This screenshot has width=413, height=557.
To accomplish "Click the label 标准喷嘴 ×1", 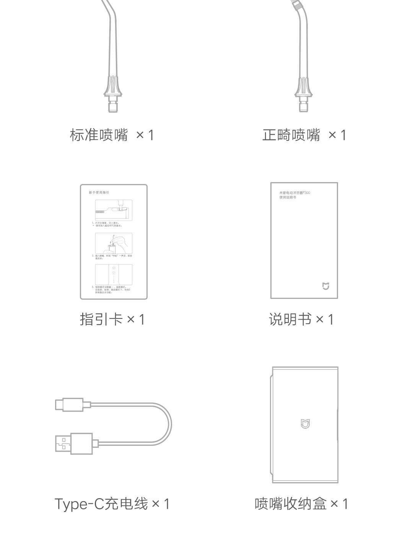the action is (112, 135).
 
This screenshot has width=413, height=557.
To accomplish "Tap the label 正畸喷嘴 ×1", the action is (304, 135).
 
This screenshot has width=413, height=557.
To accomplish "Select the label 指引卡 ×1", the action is (112, 319).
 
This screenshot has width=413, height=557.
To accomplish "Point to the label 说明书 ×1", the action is (301, 319).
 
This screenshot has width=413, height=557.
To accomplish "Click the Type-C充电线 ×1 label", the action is (112, 504).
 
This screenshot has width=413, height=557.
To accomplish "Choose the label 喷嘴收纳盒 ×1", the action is (301, 504).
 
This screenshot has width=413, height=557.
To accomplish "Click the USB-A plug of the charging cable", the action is (74, 444).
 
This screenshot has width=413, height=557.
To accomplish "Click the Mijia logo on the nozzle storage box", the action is (305, 424).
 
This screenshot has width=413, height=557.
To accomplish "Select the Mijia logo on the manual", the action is (325, 286).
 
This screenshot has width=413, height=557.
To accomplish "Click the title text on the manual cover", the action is (294, 195).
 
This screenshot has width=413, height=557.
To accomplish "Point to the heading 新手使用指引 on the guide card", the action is (99, 192).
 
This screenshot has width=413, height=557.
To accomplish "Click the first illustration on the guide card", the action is (114, 210).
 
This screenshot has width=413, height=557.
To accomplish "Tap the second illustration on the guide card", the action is (114, 243).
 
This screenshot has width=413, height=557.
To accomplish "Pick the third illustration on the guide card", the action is (114, 274).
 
